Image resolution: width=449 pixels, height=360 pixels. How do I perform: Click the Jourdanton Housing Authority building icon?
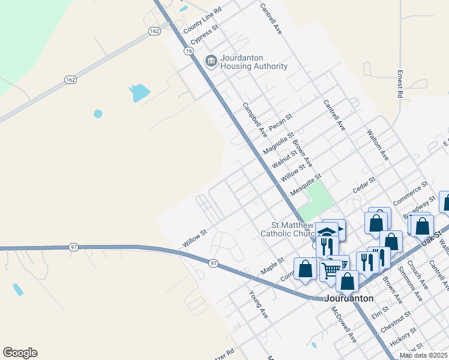211,61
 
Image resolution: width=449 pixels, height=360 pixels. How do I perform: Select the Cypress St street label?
204,35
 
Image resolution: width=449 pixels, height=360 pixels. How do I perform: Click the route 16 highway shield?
189,52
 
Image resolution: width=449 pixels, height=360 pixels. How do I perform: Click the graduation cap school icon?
328,232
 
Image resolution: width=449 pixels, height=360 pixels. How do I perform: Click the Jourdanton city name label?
349,298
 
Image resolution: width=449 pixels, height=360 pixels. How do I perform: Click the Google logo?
20,353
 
